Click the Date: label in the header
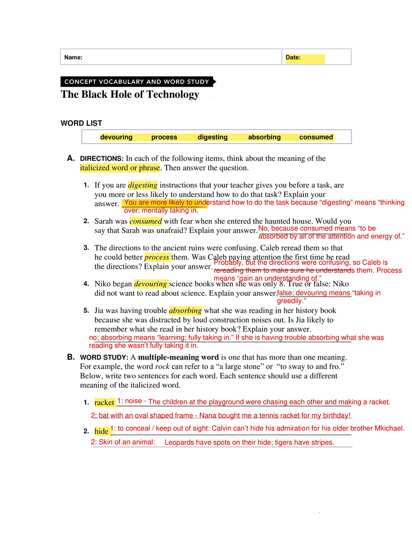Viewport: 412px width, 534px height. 293,58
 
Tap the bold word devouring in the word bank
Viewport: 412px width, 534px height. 116,137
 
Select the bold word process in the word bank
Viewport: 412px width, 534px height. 164,137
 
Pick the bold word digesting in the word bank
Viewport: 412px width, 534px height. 213,137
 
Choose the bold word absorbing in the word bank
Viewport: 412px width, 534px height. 265,137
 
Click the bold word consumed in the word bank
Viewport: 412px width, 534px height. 316,137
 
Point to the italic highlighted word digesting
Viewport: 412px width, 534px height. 143,185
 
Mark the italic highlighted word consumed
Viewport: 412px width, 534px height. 146,221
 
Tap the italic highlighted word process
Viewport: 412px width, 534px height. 156,257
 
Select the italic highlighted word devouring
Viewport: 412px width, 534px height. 151,284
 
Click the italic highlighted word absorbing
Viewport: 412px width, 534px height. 185,311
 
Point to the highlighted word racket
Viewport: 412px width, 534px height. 104,403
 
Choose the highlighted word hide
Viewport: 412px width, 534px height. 102,431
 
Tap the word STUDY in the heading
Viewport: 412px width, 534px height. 199,82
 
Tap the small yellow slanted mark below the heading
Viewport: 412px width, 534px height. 211,98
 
